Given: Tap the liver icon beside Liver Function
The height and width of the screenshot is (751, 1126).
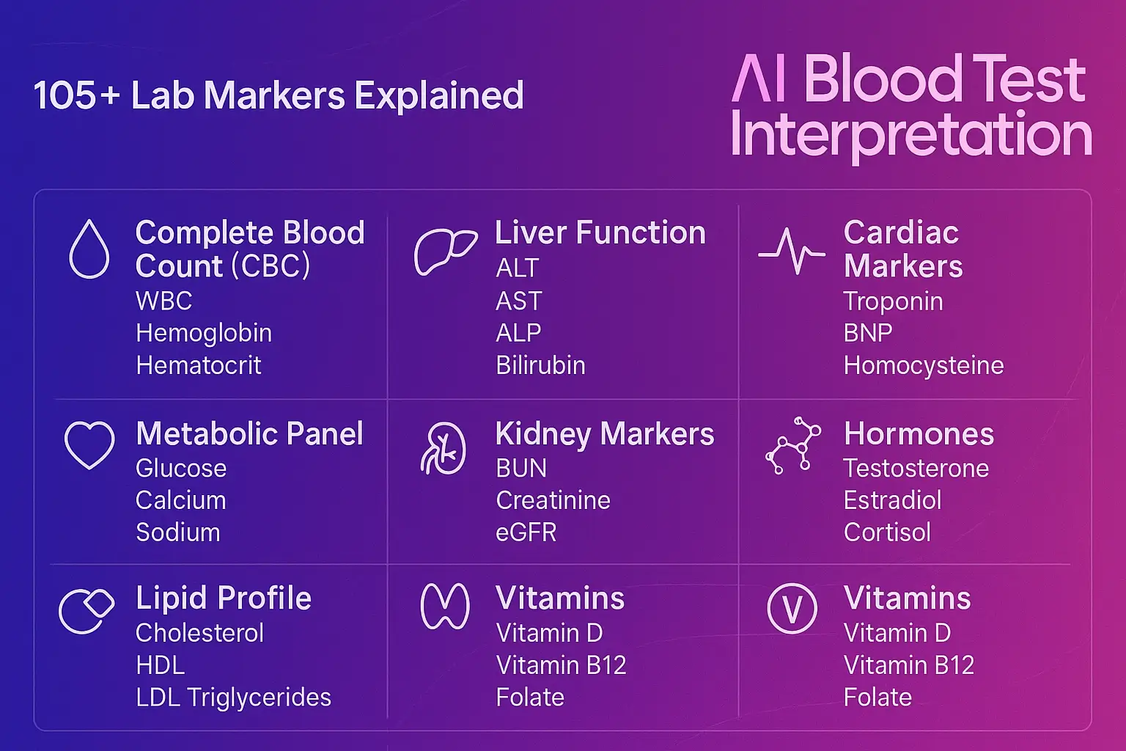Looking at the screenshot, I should tap(445, 251).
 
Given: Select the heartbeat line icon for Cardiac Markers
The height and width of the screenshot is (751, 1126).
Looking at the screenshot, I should tap(792, 252).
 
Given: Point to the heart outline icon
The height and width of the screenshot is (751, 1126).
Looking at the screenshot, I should tap(89, 444).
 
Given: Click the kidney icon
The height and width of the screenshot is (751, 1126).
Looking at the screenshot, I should tap(444, 448).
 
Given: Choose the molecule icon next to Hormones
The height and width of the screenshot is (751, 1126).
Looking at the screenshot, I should tap(792, 445).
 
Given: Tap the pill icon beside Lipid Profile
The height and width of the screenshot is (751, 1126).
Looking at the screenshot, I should tap(87, 610).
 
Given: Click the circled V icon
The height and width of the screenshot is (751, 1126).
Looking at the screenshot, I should tap(792, 609).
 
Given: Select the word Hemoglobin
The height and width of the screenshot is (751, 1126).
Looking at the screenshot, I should tap(204, 333).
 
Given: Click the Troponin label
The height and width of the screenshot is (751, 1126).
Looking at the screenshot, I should tap(893, 301).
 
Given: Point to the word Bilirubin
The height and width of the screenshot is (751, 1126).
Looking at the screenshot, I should tap(540, 365).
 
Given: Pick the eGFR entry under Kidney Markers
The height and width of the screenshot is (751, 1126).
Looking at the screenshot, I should tap(526, 532).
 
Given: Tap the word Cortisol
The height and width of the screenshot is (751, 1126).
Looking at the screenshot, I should tap(887, 532).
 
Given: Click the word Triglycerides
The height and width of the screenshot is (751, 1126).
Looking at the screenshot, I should tap(259, 697).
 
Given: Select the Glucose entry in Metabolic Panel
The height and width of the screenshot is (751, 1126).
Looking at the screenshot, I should tap(181, 469).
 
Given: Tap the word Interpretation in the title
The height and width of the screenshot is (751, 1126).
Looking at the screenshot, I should tap(911, 135).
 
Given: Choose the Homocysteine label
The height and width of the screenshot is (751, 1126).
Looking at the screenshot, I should tap(924, 365).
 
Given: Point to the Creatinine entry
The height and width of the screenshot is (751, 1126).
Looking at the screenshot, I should tap(553, 500).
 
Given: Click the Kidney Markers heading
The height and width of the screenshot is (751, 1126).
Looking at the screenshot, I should tap(605, 434).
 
